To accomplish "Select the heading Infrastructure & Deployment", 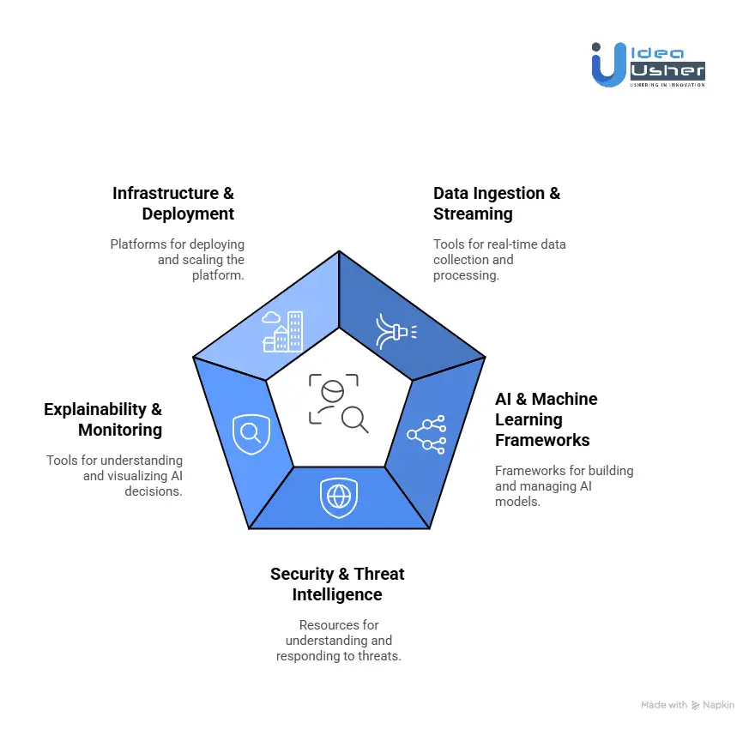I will click(173, 203).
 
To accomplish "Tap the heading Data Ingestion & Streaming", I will click(496, 203).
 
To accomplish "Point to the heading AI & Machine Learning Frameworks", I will click(546, 419).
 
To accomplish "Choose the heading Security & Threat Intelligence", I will click(337, 584).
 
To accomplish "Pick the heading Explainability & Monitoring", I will click(103, 419).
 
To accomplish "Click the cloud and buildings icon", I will click(283, 331).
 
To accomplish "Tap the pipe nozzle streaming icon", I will click(396, 330).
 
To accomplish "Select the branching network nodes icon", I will click(426, 434).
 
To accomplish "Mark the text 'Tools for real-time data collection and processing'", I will click(499, 258).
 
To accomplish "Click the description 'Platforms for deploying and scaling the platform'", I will click(178, 258).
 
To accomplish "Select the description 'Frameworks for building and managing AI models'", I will click(564, 485).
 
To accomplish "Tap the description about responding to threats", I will click(338, 641).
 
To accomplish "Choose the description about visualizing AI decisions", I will click(114, 475).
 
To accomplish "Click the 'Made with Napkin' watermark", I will click(687, 705).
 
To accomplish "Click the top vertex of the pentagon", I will click(339, 251).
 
